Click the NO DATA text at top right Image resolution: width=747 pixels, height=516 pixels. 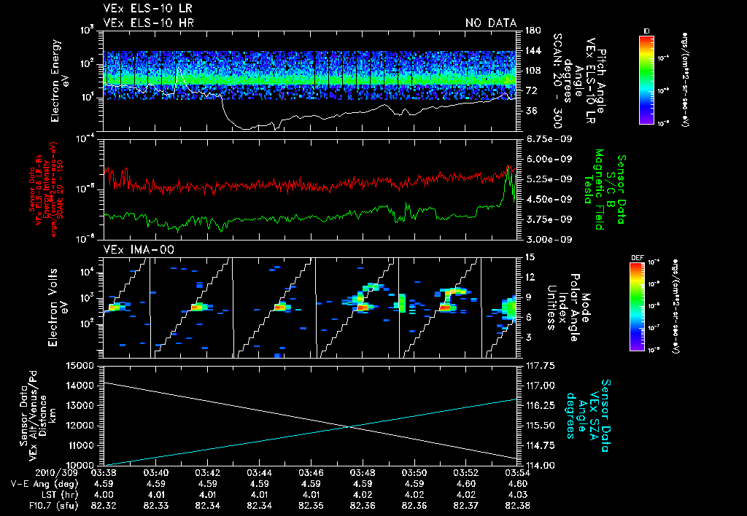click(x=490, y=23)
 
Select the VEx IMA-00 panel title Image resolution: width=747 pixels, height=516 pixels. click(x=132, y=250)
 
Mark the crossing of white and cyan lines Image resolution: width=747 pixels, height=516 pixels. click(x=352, y=426)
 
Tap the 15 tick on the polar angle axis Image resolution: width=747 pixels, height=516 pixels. click(x=527, y=257)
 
